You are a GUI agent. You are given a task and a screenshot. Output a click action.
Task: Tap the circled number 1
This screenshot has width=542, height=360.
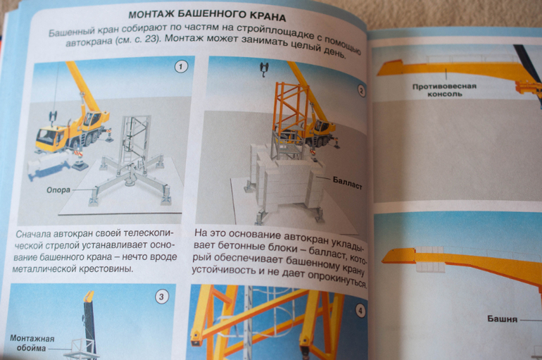[181, 66]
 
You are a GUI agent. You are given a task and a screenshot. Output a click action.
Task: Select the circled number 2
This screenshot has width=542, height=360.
[361, 91]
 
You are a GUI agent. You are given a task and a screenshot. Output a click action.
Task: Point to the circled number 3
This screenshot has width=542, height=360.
[161, 297]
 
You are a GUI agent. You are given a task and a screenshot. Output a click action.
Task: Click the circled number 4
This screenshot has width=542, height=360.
[360, 311]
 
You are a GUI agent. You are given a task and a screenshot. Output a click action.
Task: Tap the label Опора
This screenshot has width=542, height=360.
[58, 190]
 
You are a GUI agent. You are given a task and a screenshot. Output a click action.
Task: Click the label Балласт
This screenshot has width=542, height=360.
[347, 183]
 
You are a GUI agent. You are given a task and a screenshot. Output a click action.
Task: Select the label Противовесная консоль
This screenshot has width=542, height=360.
[445, 90]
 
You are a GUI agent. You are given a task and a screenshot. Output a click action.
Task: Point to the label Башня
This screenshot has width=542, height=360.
[503, 318]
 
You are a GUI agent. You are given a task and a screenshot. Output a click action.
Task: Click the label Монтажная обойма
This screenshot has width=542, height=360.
[32, 343]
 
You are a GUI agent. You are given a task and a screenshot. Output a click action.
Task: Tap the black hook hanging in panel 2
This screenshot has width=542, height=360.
[264, 69]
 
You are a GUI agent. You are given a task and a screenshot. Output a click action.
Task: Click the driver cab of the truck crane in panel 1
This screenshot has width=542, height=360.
[47, 135]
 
